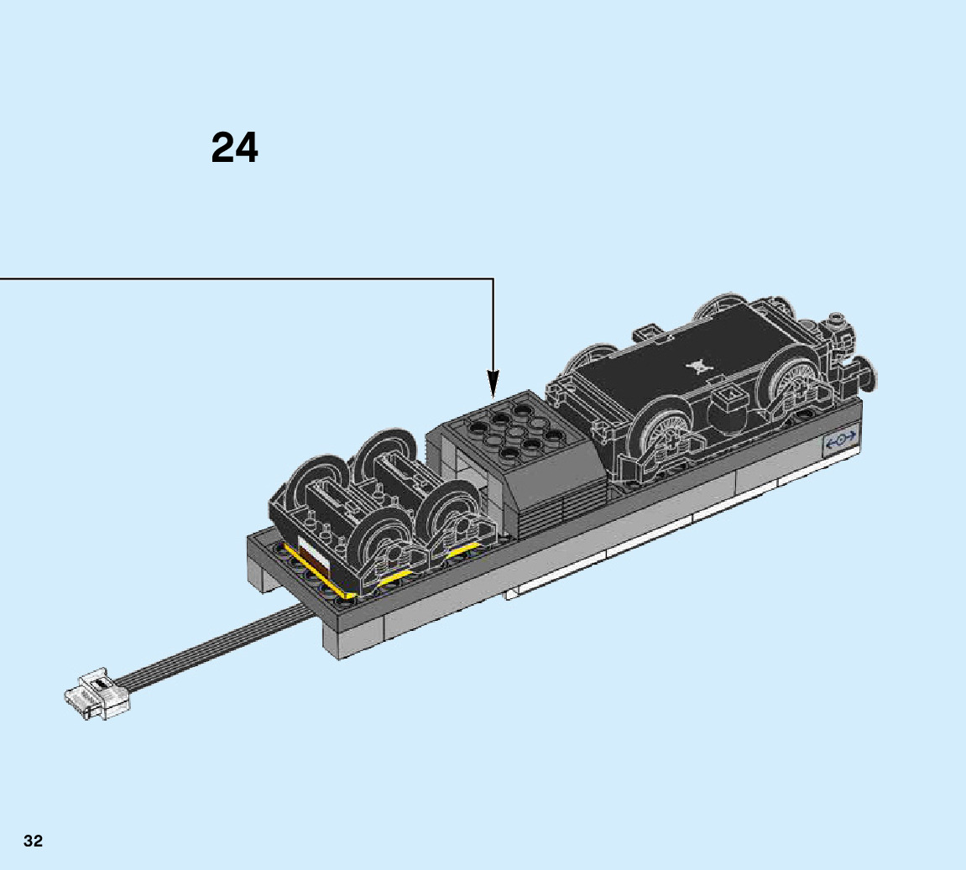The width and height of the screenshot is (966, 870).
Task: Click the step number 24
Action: [x=235, y=148]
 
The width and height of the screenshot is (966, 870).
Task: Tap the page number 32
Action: [x=34, y=841]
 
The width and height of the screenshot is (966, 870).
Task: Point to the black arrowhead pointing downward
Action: [x=493, y=383]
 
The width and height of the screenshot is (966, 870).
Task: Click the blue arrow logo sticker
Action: [x=840, y=440]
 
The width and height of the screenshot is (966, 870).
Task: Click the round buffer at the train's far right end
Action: [x=868, y=372]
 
